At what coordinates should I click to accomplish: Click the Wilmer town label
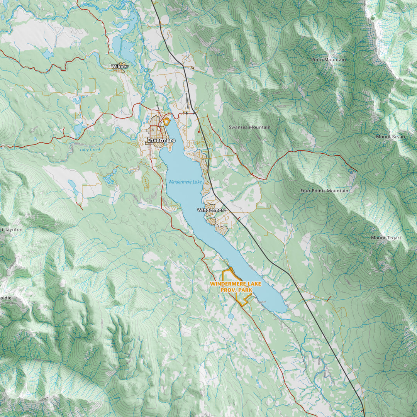(x=120, y=66)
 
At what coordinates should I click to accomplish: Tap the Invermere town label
(x=161, y=141)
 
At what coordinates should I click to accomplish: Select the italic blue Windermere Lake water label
(x=185, y=181)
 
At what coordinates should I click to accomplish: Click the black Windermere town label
(x=212, y=210)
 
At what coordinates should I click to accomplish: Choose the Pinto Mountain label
(x=329, y=60)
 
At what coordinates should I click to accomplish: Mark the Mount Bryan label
(x=391, y=137)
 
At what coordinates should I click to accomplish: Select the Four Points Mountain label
(x=324, y=191)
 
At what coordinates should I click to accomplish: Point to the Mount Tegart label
(x=386, y=238)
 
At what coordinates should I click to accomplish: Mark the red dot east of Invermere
(x=198, y=132)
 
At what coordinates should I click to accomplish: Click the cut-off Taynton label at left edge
(x=12, y=229)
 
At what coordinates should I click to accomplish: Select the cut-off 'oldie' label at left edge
(x=6, y=298)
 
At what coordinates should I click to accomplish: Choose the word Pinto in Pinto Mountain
(x=318, y=60)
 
